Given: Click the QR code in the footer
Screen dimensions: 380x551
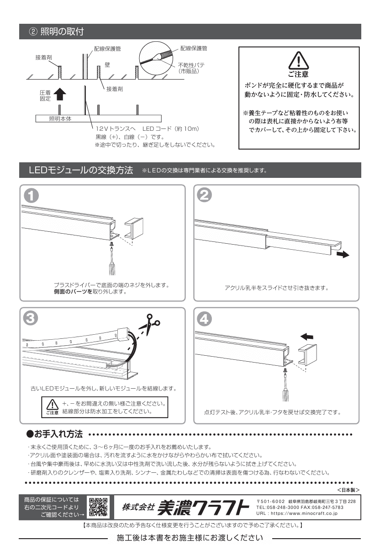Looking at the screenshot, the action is (98, 507).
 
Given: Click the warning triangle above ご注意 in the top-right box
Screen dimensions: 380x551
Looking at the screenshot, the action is (298, 60).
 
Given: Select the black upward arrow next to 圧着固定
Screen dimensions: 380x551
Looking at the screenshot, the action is (60, 94).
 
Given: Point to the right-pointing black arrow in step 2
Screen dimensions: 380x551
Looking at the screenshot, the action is (343, 254).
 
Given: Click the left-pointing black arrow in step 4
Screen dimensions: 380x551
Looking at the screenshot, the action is (307, 337).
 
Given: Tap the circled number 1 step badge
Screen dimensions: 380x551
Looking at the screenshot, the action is (31, 196).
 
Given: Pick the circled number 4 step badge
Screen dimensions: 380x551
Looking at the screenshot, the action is (204, 319).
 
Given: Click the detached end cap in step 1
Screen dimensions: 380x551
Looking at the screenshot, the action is (134, 228).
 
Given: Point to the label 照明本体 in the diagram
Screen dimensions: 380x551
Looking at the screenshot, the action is (60, 119).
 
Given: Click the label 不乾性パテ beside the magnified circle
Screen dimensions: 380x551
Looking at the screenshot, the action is (191, 65).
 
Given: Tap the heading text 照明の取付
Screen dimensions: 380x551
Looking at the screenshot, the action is (62, 32).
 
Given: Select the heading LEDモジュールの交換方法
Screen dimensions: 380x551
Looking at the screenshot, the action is (81, 170).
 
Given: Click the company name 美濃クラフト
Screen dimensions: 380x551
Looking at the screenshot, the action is (203, 508).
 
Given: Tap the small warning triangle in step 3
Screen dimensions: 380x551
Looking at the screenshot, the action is (53, 404).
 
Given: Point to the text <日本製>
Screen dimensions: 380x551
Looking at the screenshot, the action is (348, 490).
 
